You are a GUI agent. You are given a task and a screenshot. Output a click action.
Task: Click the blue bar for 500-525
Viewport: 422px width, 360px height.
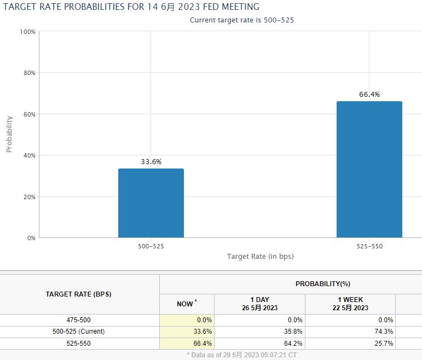click(x=151, y=203)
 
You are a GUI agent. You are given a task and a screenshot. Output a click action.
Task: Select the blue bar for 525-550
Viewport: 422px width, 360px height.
click(x=369, y=170)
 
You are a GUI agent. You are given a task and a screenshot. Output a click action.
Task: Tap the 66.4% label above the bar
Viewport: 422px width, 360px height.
click(x=369, y=95)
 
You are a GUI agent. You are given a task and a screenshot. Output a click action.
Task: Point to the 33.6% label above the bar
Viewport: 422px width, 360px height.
click(x=151, y=162)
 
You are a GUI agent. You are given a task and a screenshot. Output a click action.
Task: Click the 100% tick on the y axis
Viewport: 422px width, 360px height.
click(x=27, y=32)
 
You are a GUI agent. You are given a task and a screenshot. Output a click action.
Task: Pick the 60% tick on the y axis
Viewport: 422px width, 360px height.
click(x=28, y=114)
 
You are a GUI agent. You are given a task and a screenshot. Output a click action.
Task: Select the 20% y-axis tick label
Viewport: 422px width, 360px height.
click(x=28, y=197)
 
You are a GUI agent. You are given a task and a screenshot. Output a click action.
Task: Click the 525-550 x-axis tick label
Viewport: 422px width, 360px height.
click(x=369, y=247)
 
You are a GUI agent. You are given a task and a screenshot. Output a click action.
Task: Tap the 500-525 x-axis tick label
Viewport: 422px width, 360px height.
click(x=151, y=247)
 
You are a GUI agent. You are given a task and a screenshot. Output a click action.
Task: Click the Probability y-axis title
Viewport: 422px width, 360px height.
click(x=9, y=134)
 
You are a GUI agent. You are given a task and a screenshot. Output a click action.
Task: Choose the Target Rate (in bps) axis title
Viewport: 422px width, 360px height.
click(x=261, y=257)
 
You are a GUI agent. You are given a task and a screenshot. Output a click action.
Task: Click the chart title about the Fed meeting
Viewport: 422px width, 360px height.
click(x=131, y=7)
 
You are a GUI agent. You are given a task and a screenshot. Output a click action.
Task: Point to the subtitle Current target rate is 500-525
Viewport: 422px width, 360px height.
click(x=245, y=20)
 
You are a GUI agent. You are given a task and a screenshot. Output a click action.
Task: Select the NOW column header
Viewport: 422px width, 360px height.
click(x=186, y=304)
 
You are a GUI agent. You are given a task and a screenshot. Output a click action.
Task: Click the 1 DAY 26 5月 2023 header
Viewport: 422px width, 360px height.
click(x=259, y=304)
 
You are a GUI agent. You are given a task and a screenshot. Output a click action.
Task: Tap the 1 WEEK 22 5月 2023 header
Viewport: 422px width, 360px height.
click(x=350, y=304)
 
